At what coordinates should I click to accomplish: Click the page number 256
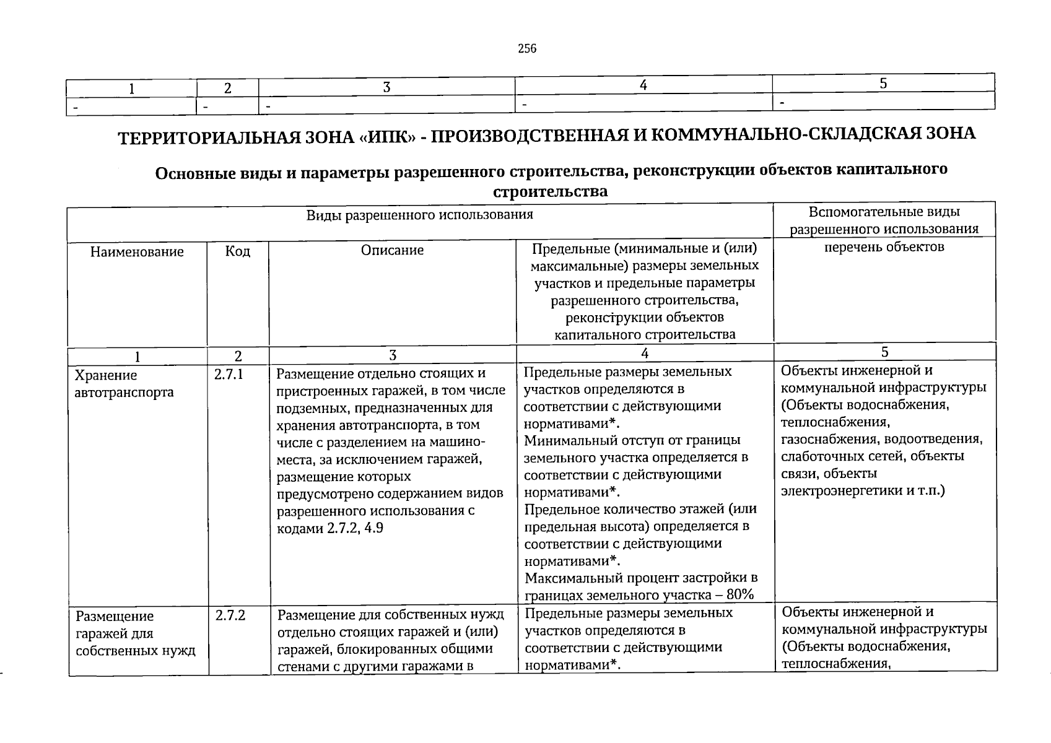527,49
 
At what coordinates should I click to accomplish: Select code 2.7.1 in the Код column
229,375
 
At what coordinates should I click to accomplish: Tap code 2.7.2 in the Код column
230,615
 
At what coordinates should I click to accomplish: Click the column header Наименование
137,252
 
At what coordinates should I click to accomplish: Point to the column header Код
238,251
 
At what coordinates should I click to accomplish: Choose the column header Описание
392,250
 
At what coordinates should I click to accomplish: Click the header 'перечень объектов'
884,247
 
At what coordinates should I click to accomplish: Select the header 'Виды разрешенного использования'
420,215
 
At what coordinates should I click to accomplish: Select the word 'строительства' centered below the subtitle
550,191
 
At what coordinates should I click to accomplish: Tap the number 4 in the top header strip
643,85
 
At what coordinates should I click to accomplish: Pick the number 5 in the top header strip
883,84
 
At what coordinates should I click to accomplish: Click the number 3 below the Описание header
392,355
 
